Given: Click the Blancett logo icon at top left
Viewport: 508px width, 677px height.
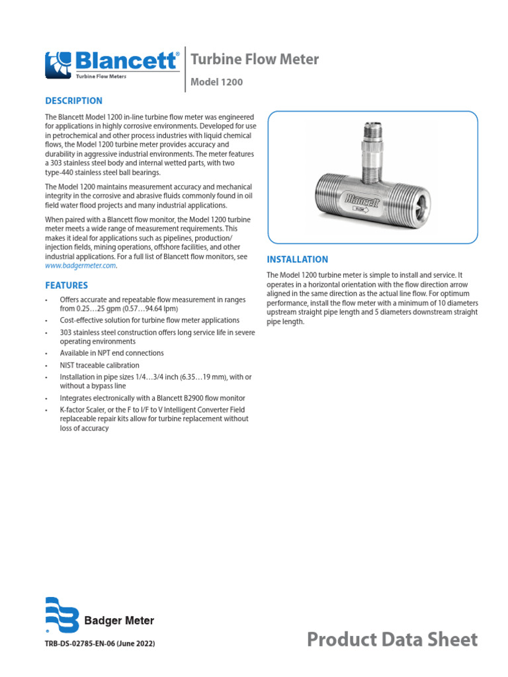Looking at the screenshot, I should coord(60,64).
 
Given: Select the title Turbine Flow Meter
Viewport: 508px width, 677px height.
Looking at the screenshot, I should coord(255,60).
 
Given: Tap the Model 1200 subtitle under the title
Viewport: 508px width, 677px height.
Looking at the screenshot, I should coord(216,83).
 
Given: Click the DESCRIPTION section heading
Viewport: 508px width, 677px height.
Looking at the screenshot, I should coord(73,101).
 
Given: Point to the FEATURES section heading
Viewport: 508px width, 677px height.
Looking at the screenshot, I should coord(66,286).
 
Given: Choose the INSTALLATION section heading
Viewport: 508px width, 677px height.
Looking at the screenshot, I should coord(297,259).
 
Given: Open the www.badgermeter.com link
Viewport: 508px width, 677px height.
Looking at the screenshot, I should coord(80,265).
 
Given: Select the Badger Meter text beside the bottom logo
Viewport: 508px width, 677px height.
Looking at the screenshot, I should coord(119,621).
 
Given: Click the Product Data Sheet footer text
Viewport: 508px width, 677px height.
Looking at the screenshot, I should coord(392,639).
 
